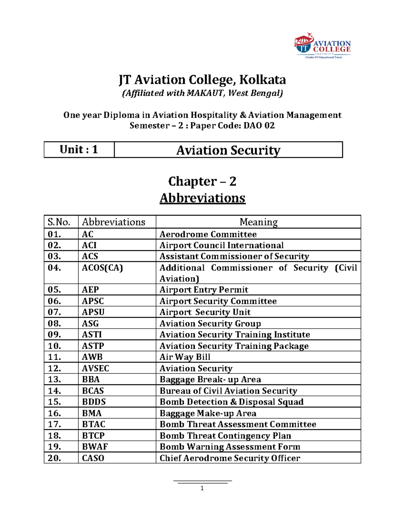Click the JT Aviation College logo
tap(323, 46)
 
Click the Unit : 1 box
tap(79, 149)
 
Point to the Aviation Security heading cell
tap(228, 150)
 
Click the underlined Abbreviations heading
tap(202, 198)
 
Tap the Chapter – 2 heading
tap(202, 181)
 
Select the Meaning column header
tap(259, 222)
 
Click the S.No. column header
tap(59, 222)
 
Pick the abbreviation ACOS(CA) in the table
tap(102, 268)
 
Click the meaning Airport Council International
tap(221, 245)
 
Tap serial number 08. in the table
tap(54, 324)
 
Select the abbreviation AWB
tap(92, 357)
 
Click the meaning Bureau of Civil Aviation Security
tap(228, 391)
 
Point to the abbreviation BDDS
tap(94, 402)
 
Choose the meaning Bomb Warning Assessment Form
tap(230, 447)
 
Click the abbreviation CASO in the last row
tap(93, 458)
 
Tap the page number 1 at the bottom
tap(202, 488)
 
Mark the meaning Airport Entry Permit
tap(204, 290)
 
